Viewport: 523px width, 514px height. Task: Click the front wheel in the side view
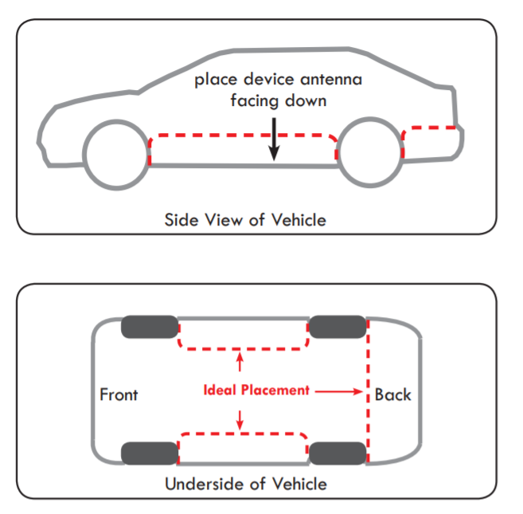tap(116, 155)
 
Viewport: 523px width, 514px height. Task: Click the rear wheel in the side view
tap(370, 151)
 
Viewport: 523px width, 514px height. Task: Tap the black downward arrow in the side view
tap(274, 137)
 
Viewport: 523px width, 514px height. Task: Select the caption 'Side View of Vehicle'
tap(245, 219)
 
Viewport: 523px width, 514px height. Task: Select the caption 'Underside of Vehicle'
tap(245, 484)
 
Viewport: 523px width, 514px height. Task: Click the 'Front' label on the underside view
tap(119, 394)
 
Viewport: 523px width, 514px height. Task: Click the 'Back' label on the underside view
tap(393, 394)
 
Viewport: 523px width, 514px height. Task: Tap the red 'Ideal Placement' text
tap(256, 390)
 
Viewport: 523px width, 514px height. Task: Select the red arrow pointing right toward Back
tap(338, 391)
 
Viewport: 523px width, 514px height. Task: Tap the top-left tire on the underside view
tap(150, 327)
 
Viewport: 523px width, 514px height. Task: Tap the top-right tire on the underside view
tap(337, 327)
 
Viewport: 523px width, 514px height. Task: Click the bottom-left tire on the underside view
tap(150, 453)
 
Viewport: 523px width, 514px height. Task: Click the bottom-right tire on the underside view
tap(337, 453)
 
